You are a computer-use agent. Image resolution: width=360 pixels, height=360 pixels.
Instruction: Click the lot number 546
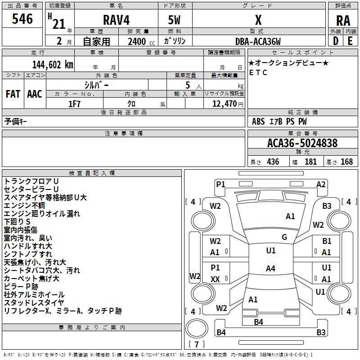pos(22,19)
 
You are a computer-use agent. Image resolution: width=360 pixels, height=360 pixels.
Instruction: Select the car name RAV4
pos(116,21)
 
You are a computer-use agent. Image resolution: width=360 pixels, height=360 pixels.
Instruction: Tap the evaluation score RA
pos(343,21)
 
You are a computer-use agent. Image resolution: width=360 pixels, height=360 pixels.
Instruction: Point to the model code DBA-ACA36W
pos(258,41)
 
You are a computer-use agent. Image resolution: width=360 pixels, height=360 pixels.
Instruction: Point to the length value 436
pos(272,162)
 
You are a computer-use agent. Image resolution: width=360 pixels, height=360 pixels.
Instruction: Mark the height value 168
pos(346,162)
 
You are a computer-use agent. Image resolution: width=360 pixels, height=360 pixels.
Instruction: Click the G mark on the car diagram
pos(284,237)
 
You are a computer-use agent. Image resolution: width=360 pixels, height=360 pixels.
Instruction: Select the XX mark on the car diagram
pos(215,279)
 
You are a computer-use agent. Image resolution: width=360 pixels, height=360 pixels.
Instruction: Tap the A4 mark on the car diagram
pos(270,269)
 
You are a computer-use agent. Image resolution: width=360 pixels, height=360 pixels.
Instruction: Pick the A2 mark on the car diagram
pos(321,184)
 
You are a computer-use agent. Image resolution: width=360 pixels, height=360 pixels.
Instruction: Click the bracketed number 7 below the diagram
pos(196,344)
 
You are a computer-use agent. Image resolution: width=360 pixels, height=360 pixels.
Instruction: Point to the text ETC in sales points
pos(258,72)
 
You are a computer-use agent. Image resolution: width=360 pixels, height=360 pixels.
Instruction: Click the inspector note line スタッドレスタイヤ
pos(34,302)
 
